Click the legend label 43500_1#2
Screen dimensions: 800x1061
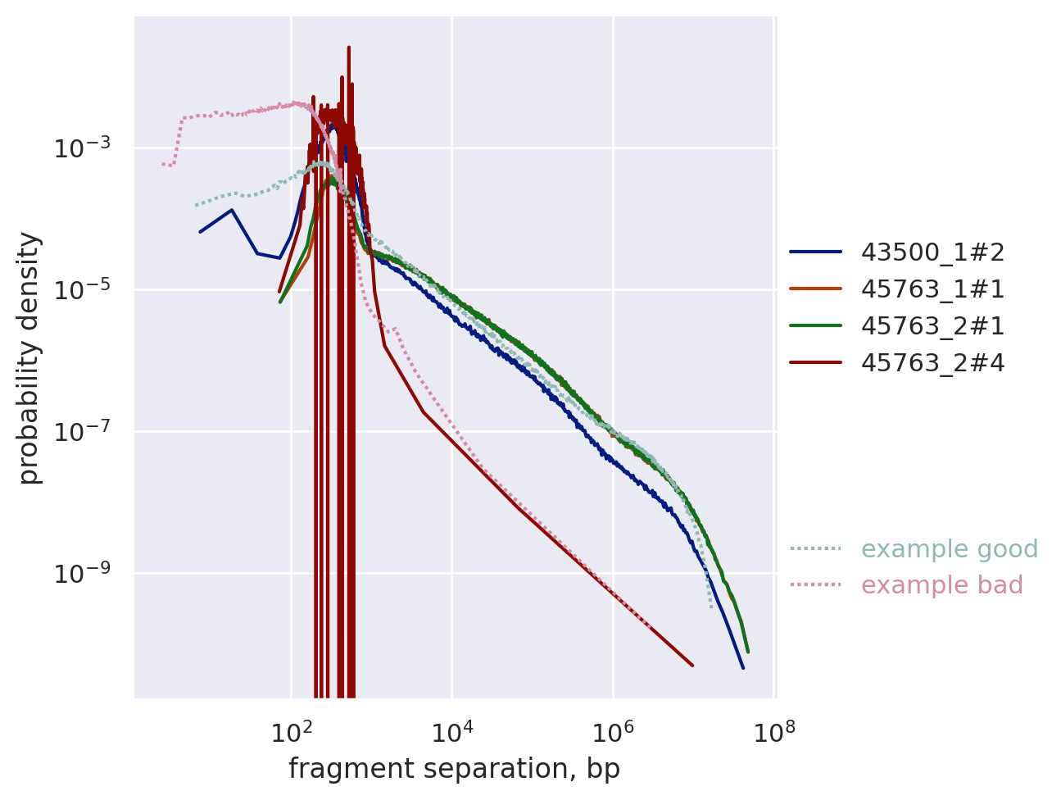(x=932, y=252)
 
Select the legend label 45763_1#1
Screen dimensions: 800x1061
(x=932, y=289)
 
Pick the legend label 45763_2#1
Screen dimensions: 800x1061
(x=932, y=326)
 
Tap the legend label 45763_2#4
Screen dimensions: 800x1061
(x=932, y=362)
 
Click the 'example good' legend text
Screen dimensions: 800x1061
(x=950, y=549)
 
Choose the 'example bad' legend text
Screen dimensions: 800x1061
(x=942, y=585)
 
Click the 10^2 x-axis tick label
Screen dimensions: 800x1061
(x=290, y=732)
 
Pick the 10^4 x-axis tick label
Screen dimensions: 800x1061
(x=451, y=732)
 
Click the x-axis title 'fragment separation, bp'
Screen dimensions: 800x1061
(x=454, y=769)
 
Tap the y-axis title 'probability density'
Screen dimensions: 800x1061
(x=29, y=358)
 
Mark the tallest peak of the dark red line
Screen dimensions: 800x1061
(x=349, y=48)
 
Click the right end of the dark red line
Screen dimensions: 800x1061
(x=692, y=666)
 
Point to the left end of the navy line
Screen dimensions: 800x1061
(x=200, y=232)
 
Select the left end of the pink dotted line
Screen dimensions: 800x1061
(x=162, y=164)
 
